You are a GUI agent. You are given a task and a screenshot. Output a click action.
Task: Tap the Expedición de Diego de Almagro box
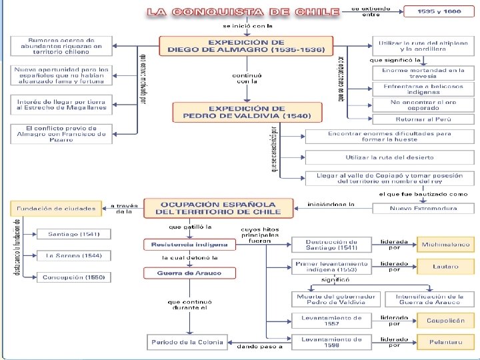coord(247,46)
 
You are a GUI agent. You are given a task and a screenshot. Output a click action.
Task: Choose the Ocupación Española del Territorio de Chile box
coord(218,208)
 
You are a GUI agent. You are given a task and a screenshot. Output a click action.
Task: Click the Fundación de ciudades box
coord(56,208)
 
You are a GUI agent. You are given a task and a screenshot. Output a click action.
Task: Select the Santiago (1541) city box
coord(74,234)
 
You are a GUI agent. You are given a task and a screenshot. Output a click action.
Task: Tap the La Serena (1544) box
coord(74,255)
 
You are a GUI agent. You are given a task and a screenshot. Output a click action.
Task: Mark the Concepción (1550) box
coord(74,277)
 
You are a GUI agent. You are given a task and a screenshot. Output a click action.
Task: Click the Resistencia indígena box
coord(189,245)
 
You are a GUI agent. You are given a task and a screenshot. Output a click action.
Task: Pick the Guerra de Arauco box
coord(189,272)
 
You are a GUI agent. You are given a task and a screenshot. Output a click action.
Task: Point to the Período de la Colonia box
coord(189,341)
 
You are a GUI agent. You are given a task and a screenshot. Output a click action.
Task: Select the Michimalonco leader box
coord(445,245)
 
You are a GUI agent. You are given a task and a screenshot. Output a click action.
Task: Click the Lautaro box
coord(445,267)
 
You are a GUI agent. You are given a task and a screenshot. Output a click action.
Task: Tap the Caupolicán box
coord(445,321)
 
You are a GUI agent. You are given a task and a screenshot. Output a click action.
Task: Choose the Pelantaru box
coord(445,341)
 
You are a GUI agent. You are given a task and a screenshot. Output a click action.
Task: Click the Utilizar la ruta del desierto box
coord(389,157)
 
